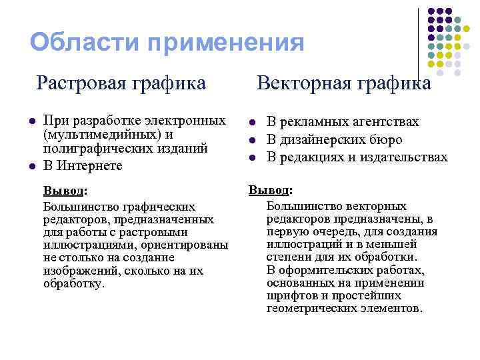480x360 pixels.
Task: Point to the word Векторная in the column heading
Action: click(298, 84)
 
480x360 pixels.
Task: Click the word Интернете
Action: click(89, 165)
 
